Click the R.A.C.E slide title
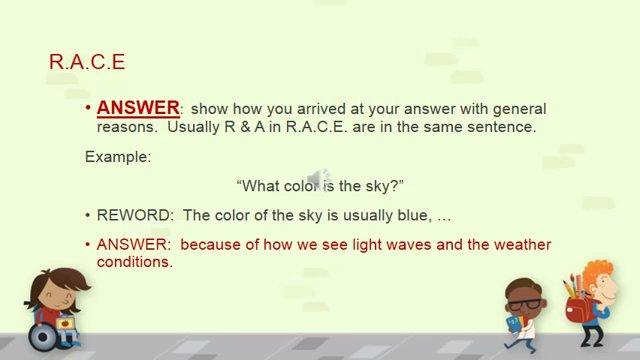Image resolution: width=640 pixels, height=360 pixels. (x=86, y=62)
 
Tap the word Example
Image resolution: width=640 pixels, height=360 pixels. (x=115, y=156)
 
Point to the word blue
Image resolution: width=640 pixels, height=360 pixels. (x=412, y=215)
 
